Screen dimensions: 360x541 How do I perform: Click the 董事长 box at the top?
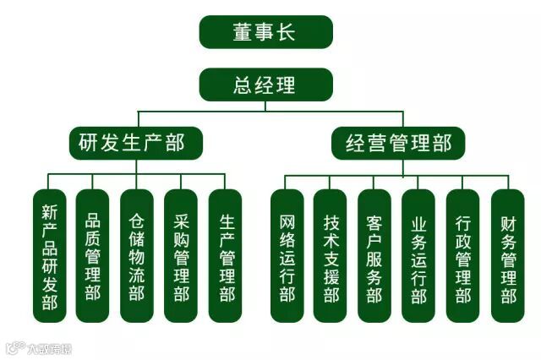point(265,32)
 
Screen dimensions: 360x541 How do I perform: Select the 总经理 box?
point(265,85)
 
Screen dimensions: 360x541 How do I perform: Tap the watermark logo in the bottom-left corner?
point(38,346)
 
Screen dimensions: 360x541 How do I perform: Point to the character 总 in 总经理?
point(243,85)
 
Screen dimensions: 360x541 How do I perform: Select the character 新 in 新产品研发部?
point(49,211)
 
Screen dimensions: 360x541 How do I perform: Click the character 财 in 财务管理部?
point(507,224)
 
